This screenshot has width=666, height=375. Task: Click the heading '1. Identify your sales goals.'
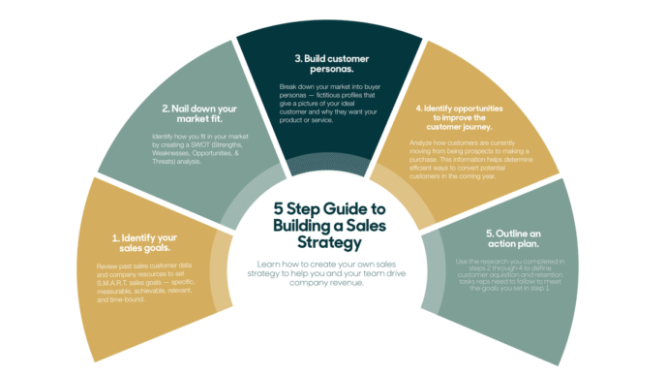[144, 243]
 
